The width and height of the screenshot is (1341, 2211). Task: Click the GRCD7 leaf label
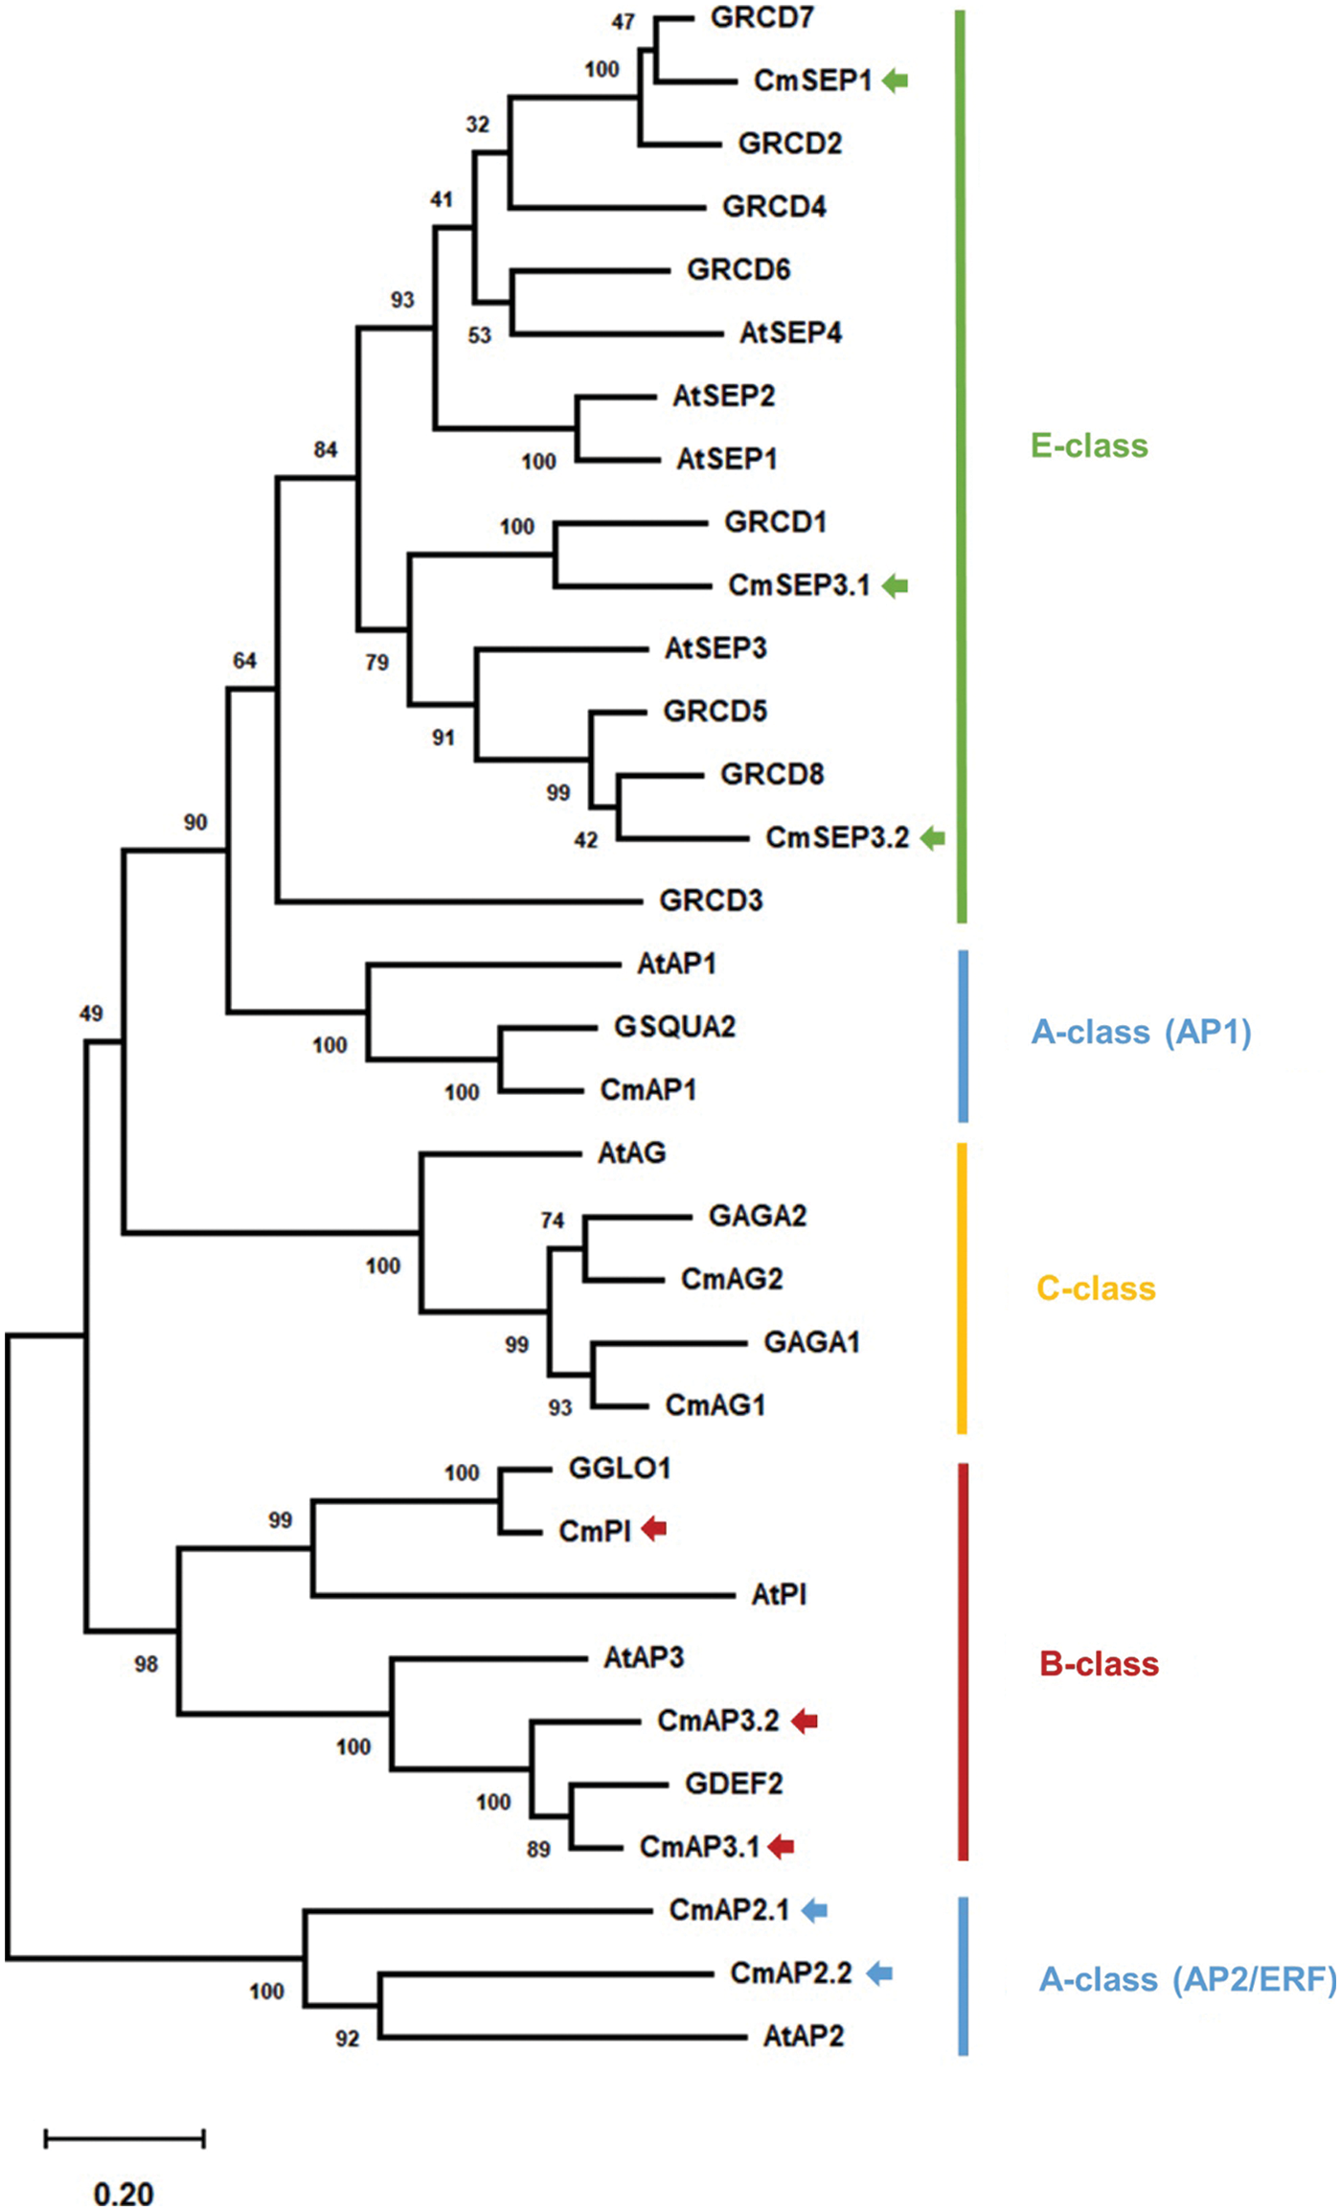pyautogui.click(x=761, y=17)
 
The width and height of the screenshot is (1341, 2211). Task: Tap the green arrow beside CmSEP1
pyautogui.click(x=895, y=81)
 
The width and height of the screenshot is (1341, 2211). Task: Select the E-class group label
pyautogui.click(x=1089, y=445)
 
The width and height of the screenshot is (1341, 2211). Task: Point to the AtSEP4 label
pyautogui.click(x=790, y=333)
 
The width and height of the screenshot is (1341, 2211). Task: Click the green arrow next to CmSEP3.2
pyautogui.click(x=933, y=839)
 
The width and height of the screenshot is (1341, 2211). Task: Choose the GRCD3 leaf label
pyautogui.click(x=711, y=900)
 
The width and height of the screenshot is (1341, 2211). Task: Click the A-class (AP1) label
pyautogui.click(x=1141, y=1032)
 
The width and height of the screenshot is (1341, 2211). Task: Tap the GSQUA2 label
pyautogui.click(x=674, y=1027)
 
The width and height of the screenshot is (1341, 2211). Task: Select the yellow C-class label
pyautogui.click(x=1096, y=1288)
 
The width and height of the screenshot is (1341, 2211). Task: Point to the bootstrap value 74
pyautogui.click(x=552, y=1220)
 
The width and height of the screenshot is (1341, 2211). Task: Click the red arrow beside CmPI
pyautogui.click(x=653, y=1529)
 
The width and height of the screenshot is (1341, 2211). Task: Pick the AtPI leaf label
pyautogui.click(x=779, y=1594)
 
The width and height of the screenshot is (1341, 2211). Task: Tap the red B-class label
pyautogui.click(x=1099, y=1664)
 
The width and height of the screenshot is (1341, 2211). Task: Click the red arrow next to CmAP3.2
pyautogui.click(x=805, y=1721)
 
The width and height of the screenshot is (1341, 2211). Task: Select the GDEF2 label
pyautogui.click(x=734, y=1784)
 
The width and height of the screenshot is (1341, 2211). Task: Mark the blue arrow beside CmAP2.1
pyautogui.click(x=814, y=1910)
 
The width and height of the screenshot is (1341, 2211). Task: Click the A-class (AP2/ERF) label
pyautogui.click(x=1187, y=1979)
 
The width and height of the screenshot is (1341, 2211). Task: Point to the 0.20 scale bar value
pyautogui.click(x=124, y=2193)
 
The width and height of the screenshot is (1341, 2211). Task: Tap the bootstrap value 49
pyautogui.click(x=91, y=1014)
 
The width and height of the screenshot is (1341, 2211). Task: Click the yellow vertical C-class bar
pyautogui.click(x=962, y=1288)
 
